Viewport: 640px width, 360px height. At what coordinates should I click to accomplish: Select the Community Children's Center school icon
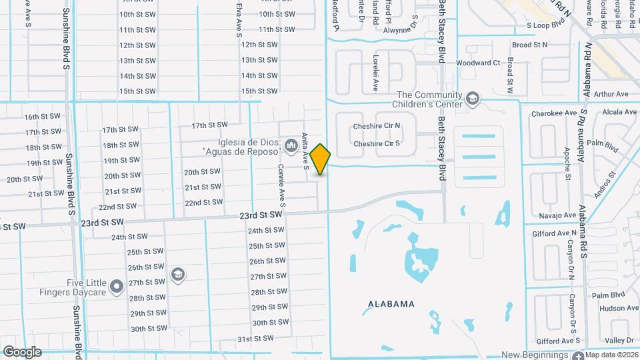(x=473, y=99)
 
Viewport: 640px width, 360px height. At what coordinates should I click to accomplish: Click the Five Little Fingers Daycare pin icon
(x=117, y=287)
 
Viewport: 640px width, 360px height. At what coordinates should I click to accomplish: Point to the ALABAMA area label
(x=391, y=304)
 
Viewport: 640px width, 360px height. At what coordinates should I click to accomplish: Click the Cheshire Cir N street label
(x=377, y=125)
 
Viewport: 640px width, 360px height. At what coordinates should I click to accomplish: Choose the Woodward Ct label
(x=478, y=63)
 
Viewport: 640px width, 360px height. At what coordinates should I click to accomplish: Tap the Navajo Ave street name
(x=556, y=215)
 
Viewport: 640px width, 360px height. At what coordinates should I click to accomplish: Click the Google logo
(x=23, y=351)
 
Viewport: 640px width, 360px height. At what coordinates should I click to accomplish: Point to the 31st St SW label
(x=256, y=338)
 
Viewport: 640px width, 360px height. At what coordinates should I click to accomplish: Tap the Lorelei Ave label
(x=375, y=74)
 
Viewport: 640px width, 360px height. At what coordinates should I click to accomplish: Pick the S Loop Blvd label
(x=546, y=25)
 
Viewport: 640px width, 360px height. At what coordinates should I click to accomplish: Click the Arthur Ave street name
(x=611, y=94)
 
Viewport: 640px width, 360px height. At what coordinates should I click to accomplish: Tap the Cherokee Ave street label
(x=553, y=113)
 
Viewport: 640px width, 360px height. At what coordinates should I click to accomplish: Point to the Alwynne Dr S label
(x=409, y=30)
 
